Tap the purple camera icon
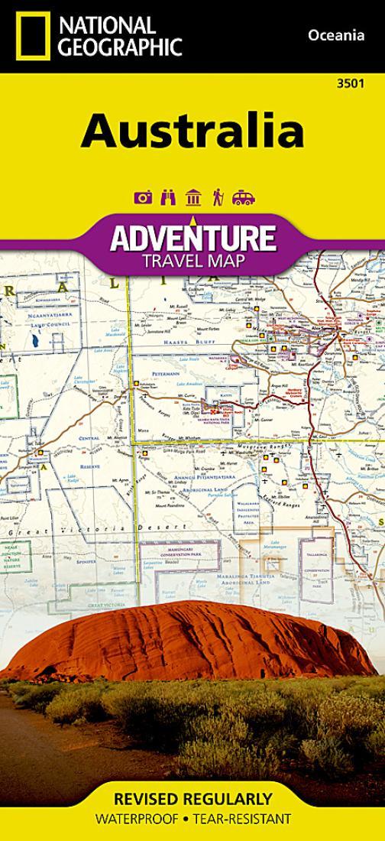click(142, 198)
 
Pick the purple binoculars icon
click(168, 198)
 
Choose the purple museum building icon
click(192, 198)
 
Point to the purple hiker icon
click(218, 198)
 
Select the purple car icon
click(244, 198)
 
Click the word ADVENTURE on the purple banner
click(192, 238)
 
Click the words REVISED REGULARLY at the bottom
click(192, 800)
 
